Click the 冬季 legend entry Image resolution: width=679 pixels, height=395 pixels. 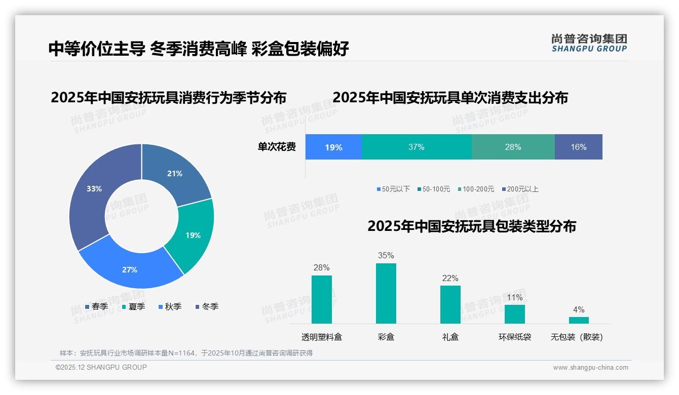tap(207, 306)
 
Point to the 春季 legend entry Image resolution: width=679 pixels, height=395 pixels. tap(96, 306)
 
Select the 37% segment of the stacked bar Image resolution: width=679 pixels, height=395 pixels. tap(417, 147)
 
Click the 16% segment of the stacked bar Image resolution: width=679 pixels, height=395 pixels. tap(578, 147)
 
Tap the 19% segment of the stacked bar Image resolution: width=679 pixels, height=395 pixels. tap(333, 147)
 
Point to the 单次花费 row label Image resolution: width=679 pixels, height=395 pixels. tap(277, 147)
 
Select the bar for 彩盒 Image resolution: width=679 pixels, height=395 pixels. tap(386, 293)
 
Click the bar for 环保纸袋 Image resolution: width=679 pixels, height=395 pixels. tap(515, 314)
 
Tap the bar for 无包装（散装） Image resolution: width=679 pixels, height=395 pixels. tap(579, 320)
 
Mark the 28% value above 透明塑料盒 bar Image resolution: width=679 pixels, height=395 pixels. tap(322, 267)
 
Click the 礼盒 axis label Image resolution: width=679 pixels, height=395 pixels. tap(450, 337)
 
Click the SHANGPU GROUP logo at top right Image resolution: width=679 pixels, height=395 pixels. tap(589, 43)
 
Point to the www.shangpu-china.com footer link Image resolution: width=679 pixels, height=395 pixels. tap(590, 368)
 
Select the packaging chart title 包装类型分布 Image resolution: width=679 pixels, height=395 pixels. tap(472, 226)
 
